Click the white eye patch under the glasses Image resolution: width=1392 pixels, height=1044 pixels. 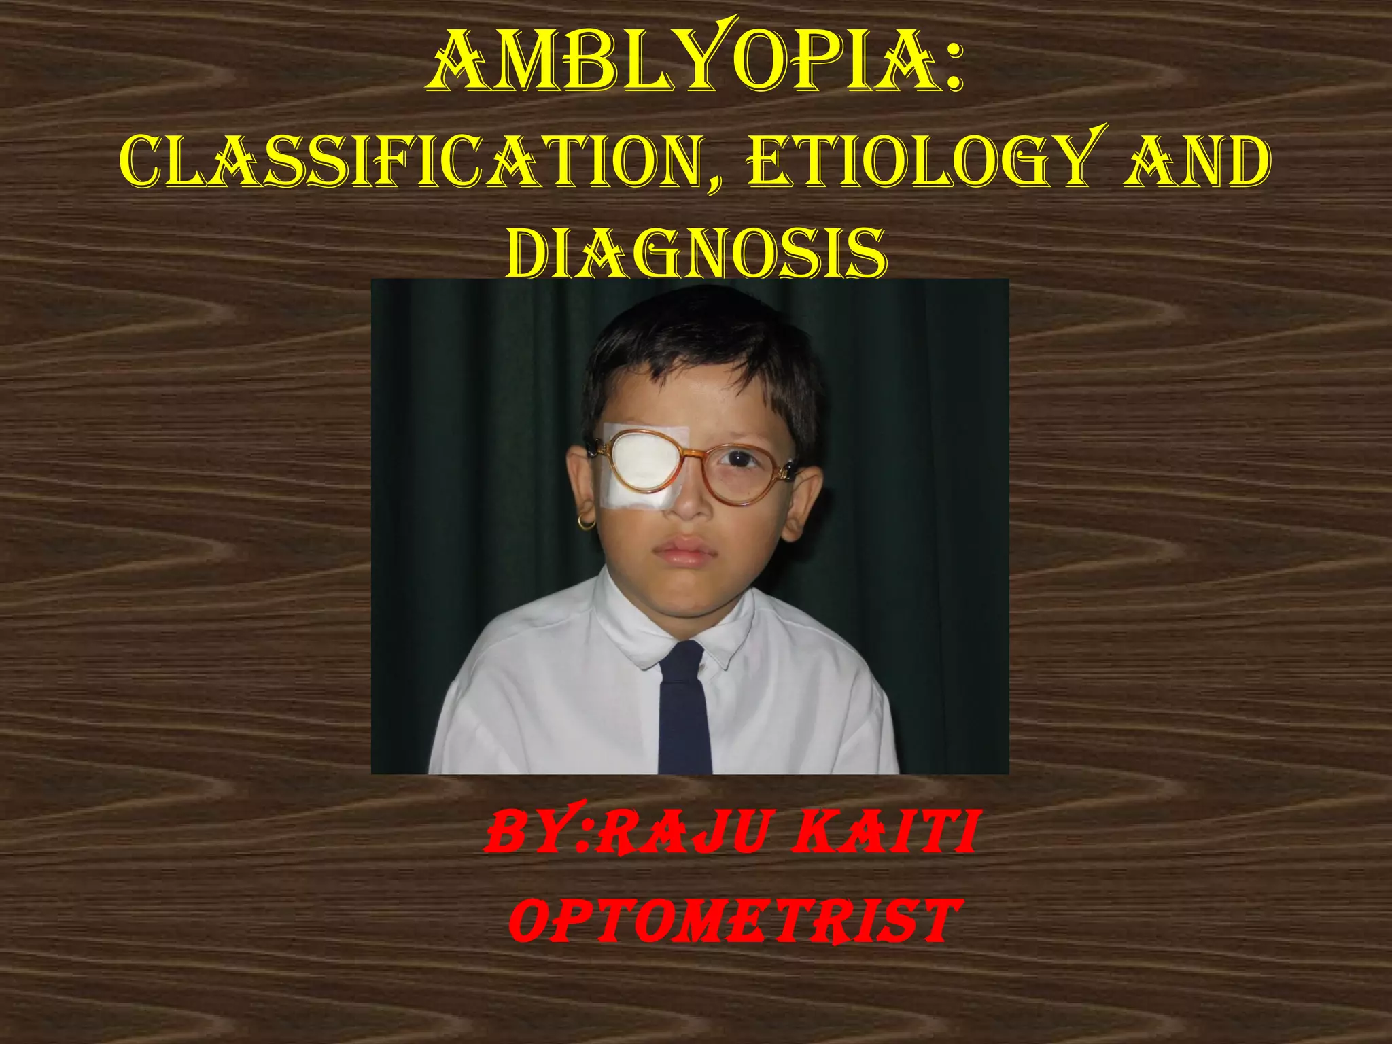tap(642, 469)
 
